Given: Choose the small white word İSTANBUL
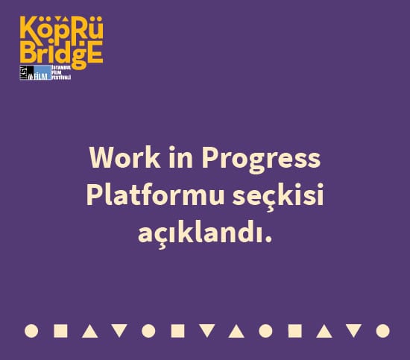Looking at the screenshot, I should (x=61, y=67).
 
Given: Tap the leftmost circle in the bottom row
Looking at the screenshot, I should (x=31, y=330).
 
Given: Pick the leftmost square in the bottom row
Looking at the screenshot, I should (x=61, y=330).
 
